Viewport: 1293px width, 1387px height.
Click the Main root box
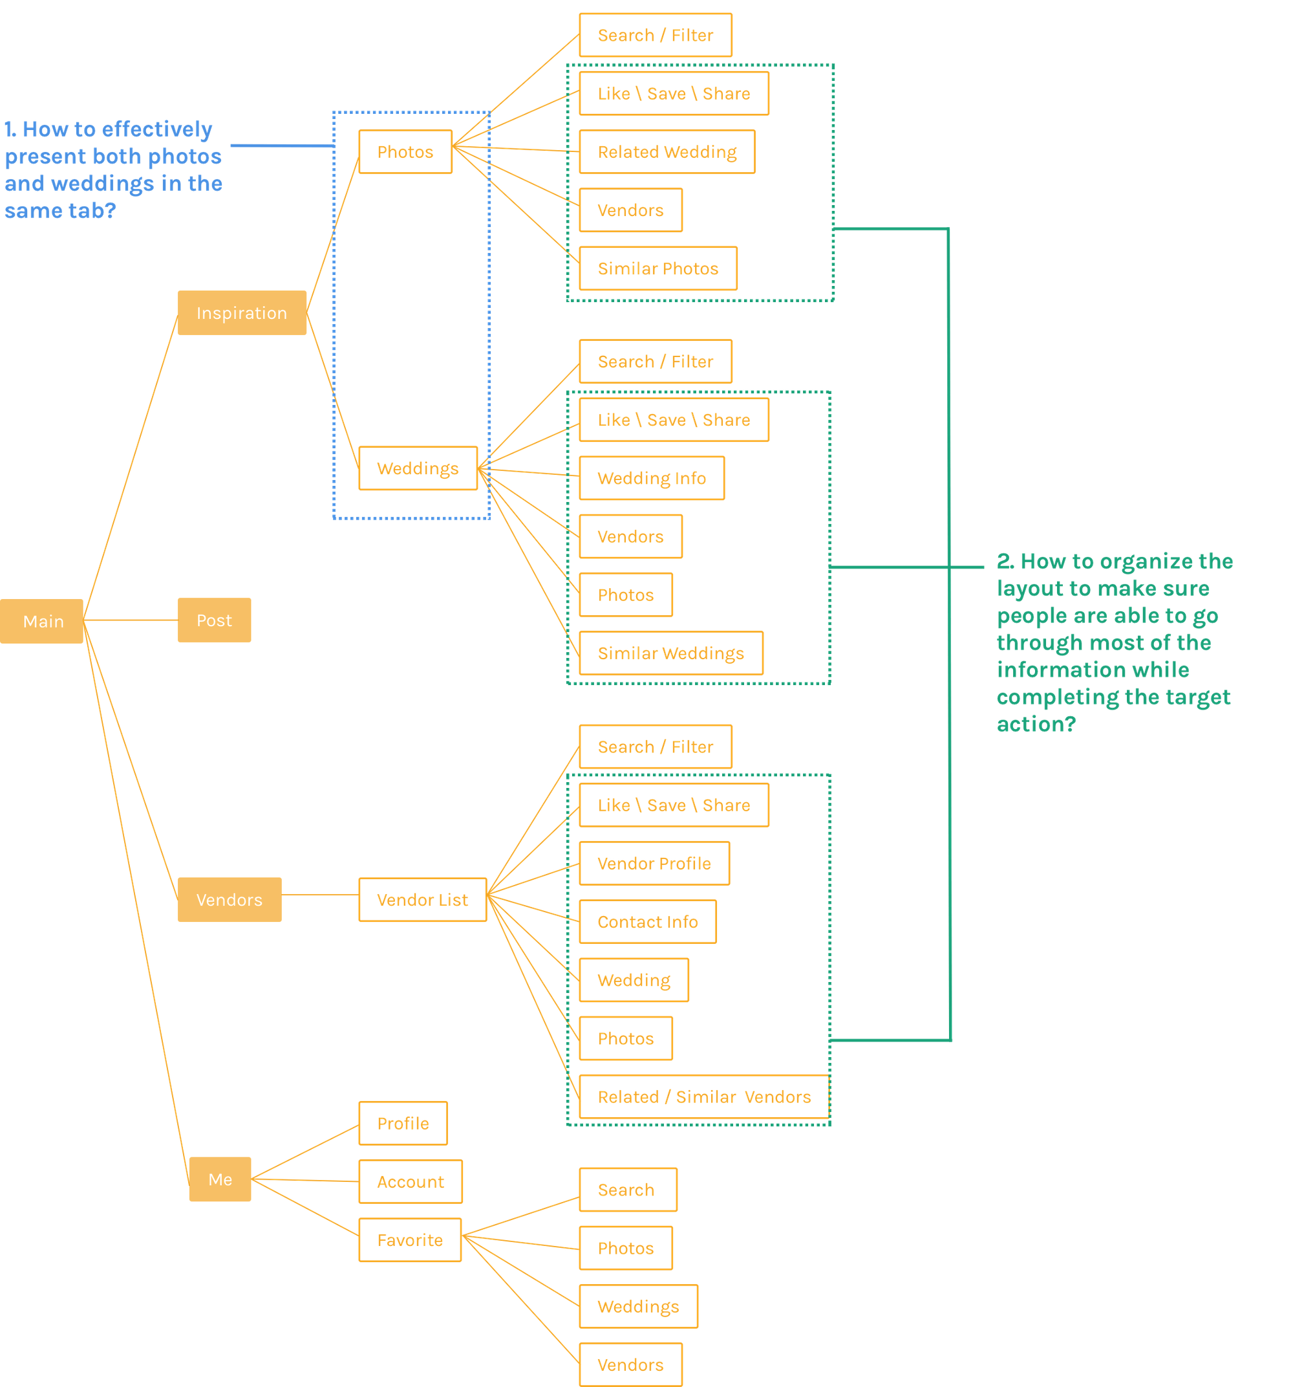[x=42, y=621]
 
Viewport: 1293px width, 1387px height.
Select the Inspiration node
[x=242, y=312]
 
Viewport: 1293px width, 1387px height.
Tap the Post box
[x=214, y=620]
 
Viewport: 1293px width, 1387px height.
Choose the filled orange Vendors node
[x=230, y=899]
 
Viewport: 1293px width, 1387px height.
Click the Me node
[x=220, y=1179]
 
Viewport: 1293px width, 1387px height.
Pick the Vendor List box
[x=422, y=899]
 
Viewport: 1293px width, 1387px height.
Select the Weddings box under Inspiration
[x=418, y=468]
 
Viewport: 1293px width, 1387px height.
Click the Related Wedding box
[x=667, y=152]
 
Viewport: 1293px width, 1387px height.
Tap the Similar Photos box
[x=657, y=268]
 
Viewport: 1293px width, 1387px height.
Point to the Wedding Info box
[x=652, y=479]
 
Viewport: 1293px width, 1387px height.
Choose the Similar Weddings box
[x=670, y=653]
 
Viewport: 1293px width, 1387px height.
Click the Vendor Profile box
[x=654, y=864]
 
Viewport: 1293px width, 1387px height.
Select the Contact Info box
[x=647, y=922]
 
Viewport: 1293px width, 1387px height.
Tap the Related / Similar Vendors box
[x=703, y=1097]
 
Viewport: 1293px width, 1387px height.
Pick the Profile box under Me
[x=402, y=1123]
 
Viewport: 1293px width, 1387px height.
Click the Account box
[x=410, y=1182]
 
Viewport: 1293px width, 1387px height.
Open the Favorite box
[x=409, y=1240]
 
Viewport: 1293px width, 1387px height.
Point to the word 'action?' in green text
[x=1036, y=724]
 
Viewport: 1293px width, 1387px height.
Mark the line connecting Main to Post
[x=131, y=620]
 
